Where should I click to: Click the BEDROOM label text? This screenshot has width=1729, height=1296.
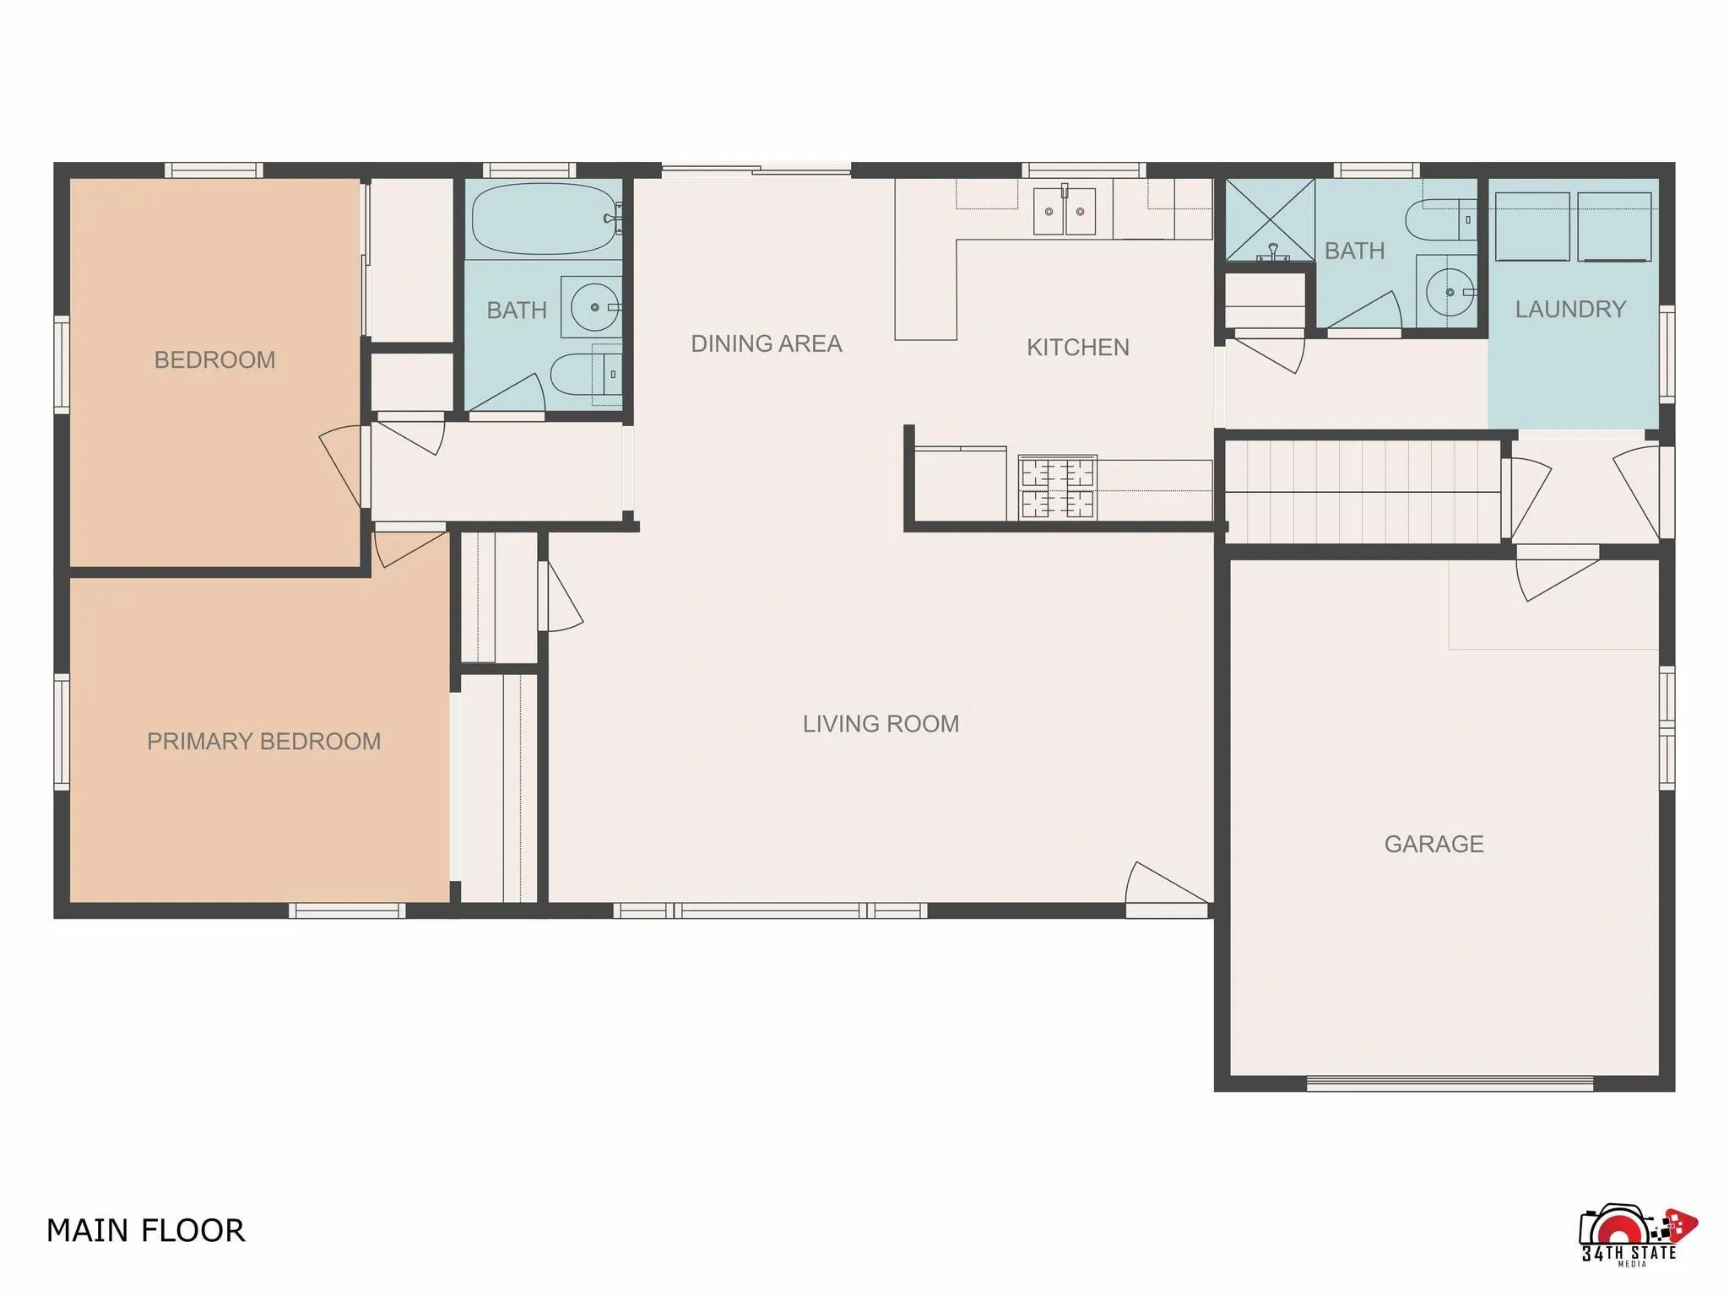[214, 360]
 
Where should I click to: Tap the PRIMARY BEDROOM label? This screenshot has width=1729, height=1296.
[263, 742]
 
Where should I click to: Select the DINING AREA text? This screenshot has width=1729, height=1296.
[766, 344]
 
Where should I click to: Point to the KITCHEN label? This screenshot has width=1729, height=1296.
[1077, 348]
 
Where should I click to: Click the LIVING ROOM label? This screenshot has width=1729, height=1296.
[881, 724]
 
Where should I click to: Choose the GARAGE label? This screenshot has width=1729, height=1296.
[1434, 845]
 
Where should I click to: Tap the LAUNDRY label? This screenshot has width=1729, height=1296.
[1570, 310]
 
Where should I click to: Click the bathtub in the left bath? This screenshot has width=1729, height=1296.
[543, 219]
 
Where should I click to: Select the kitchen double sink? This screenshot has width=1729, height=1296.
[1064, 212]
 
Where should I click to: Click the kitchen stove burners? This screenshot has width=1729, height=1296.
[1058, 487]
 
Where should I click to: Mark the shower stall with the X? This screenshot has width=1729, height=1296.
[1269, 219]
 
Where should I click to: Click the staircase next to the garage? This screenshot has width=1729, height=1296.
[1362, 492]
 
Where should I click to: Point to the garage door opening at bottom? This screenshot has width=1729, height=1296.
[1449, 1083]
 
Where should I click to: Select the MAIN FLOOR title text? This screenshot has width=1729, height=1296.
[145, 1231]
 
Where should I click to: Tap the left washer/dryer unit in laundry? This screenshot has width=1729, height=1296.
[1531, 227]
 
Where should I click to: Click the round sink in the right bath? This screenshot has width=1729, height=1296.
[1449, 292]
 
